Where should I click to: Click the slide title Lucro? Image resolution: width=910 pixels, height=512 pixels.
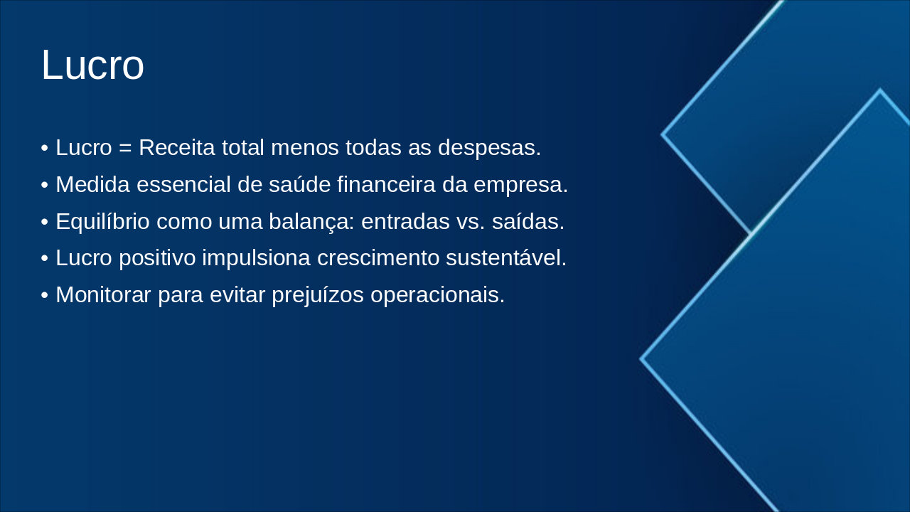[x=92, y=65]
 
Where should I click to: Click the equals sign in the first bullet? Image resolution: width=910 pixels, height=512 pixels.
[x=126, y=148]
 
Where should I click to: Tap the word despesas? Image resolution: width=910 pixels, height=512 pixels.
[x=489, y=148]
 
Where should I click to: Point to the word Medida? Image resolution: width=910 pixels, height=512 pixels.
[x=92, y=185]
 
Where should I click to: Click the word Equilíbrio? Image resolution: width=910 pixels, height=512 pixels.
[x=102, y=222]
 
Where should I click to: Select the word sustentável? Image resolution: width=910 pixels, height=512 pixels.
[x=506, y=258]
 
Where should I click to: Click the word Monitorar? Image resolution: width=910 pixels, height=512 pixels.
[x=103, y=294]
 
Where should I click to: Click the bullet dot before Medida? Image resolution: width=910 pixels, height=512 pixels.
[x=45, y=186]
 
